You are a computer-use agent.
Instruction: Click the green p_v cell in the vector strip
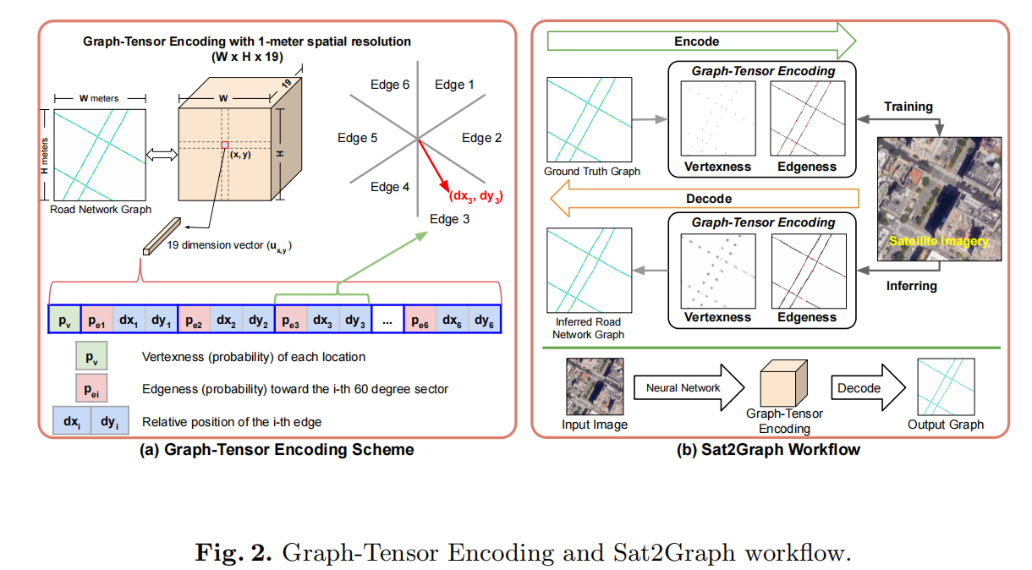click(65, 321)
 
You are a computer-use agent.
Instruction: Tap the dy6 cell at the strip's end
click(483, 321)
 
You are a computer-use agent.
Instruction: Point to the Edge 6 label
click(390, 85)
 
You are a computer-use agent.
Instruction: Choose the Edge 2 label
click(481, 138)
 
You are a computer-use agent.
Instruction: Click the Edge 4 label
click(390, 187)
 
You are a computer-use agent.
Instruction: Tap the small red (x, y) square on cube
click(224, 145)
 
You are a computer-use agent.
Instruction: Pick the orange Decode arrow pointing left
click(704, 200)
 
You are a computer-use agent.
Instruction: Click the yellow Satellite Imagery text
click(939, 242)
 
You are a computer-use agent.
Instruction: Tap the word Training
click(908, 107)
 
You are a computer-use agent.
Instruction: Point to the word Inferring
click(911, 286)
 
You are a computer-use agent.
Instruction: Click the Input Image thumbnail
click(595, 386)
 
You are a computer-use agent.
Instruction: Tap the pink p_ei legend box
click(89, 389)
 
